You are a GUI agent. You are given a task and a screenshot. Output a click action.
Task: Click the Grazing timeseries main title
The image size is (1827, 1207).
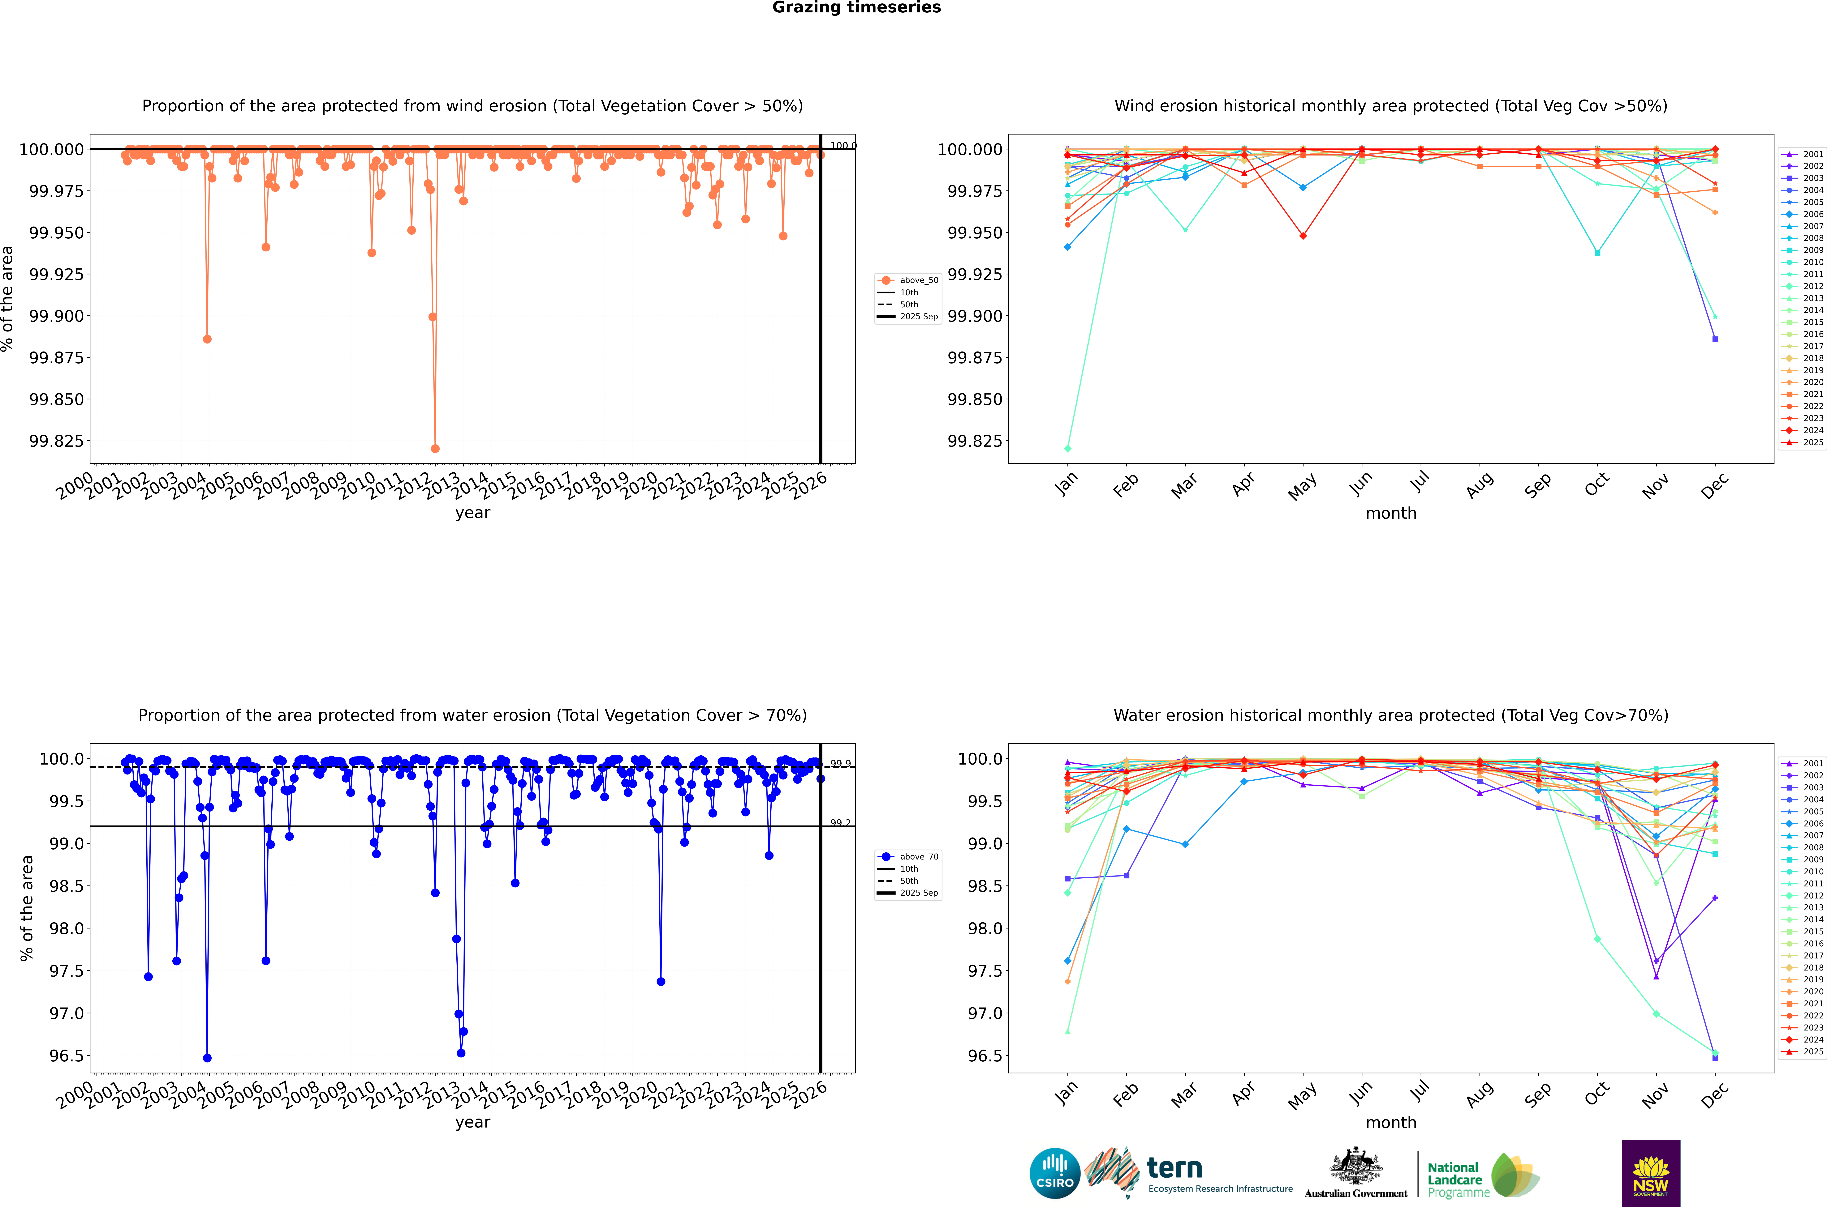coord(856,8)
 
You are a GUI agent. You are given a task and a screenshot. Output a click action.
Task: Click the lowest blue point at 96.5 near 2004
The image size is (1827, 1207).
coord(207,1058)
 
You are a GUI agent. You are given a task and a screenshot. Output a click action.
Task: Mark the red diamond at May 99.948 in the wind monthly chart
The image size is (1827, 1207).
coord(1303,236)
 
